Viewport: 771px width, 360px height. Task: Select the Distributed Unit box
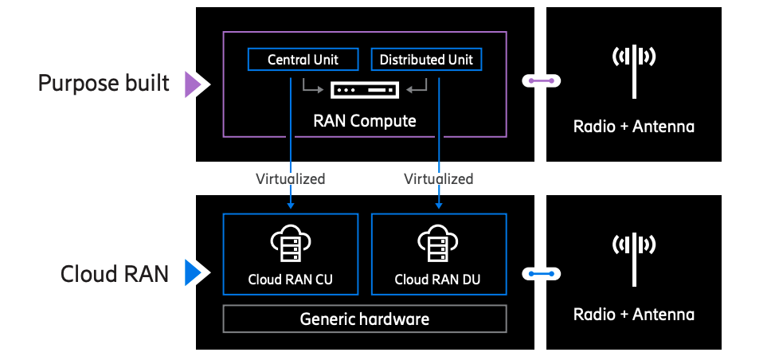coord(426,60)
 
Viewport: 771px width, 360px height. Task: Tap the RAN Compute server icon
coord(364,90)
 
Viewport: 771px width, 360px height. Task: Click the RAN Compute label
coord(364,121)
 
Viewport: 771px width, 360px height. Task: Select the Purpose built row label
coord(104,83)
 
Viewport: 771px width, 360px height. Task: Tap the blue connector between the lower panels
coord(542,275)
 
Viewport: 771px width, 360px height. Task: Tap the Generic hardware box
coord(364,319)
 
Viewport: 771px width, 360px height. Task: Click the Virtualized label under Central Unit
coord(290,178)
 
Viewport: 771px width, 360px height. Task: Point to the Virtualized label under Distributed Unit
coord(438,178)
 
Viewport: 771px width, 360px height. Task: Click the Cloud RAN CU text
coord(290,280)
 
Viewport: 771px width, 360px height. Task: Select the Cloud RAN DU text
coord(438,280)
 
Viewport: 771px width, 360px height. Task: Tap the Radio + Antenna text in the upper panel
coord(633,127)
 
